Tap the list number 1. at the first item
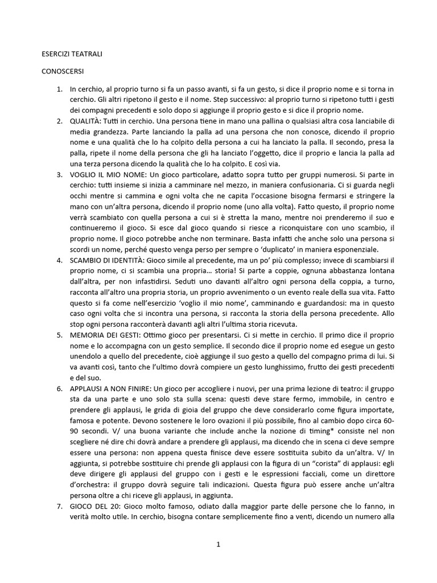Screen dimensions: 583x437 (60, 89)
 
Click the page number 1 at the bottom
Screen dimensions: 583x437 (218, 544)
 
